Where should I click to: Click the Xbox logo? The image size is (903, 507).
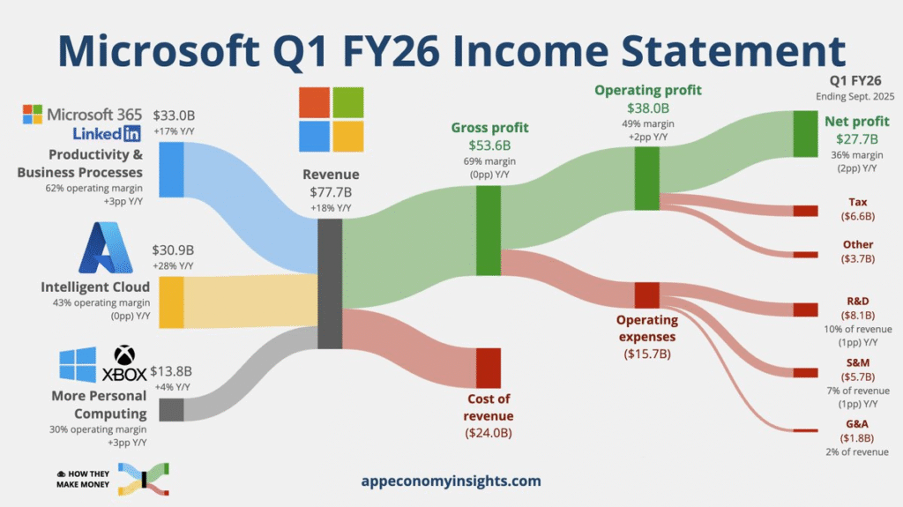tap(124, 363)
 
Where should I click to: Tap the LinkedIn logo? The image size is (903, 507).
tap(107, 134)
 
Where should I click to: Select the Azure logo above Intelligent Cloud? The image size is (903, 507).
tap(106, 248)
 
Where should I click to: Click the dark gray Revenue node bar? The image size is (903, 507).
tap(330, 283)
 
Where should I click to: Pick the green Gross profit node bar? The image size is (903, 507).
tap(489, 230)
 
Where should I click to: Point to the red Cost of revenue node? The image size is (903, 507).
tap(489, 368)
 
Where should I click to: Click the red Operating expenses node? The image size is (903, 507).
tap(646, 295)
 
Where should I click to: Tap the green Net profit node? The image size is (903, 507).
tap(805, 134)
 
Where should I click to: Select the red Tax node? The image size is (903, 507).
tap(805, 211)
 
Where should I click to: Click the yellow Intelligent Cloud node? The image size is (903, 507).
tap(171, 302)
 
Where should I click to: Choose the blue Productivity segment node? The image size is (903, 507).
tap(171, 170)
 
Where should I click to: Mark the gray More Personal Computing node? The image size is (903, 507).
tap(171, 410)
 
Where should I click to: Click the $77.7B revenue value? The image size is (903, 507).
tap(331, 192)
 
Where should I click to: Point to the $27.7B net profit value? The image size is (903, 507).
tap(857, 138)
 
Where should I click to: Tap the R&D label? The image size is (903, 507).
tap(857, 301)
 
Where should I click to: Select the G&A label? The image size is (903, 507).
tap(857, 424)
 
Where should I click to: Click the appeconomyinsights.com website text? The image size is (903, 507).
tap(451, 481)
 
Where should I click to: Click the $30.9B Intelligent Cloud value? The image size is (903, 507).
tap(173, 250)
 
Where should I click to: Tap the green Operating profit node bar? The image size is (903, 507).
tap(646, 179)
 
